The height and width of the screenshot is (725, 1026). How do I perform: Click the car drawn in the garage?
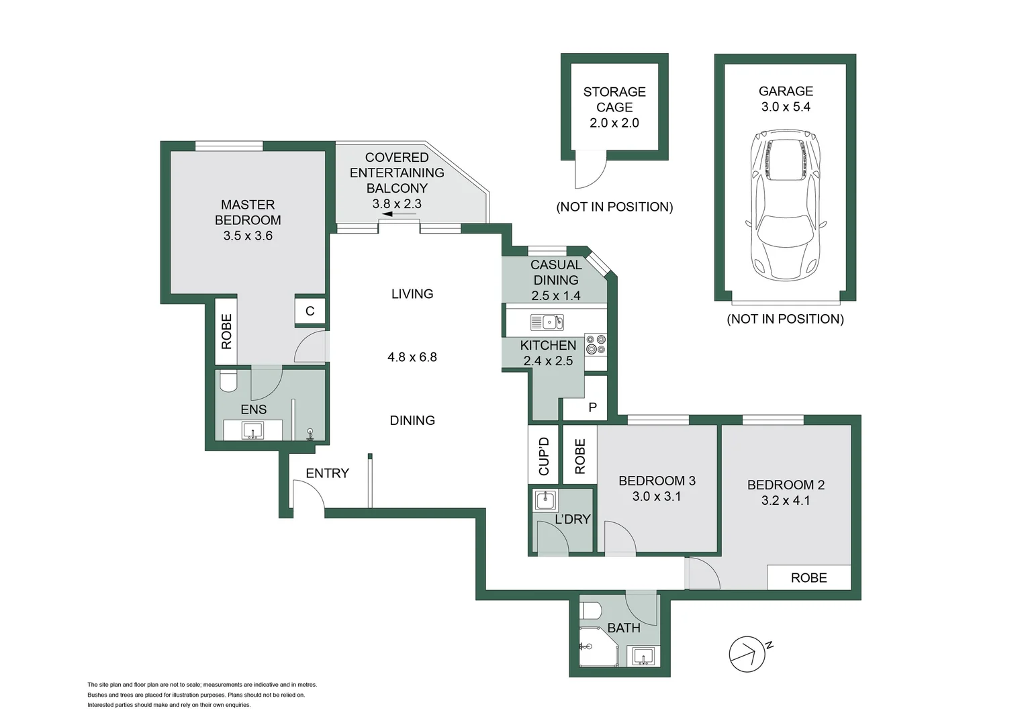coord(786,205)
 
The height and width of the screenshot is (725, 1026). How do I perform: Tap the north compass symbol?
coord(747,653)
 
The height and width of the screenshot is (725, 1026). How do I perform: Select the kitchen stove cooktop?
coord(596,345)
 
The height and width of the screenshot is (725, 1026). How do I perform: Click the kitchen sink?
coord(547,322)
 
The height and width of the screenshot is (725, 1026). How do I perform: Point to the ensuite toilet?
coord(228,381)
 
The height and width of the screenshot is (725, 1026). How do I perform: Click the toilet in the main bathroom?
coord(591,611)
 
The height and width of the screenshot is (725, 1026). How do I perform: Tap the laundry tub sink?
coord(545,500)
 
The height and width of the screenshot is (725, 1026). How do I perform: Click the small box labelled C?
coord(310,311)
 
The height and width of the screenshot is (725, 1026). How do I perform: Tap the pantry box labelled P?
coord(592,407)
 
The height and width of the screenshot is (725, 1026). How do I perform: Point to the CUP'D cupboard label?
coord(544,456)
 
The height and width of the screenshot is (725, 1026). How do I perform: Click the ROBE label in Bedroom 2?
coord(808,577)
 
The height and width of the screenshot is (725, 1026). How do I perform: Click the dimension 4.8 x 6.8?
coord(412,357)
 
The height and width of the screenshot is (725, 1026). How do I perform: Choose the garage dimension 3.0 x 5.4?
coord(785,107)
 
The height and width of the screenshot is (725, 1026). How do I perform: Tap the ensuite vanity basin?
coord(252,430)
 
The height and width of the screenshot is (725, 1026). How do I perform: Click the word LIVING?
coord(412,293)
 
